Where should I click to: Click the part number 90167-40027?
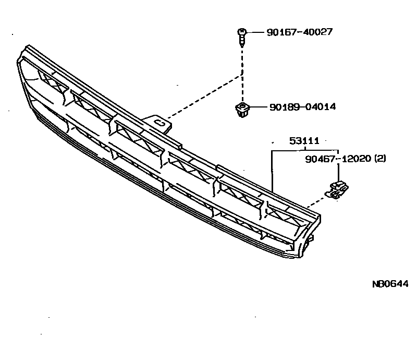[299, 32]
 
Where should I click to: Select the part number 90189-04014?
[302, 107]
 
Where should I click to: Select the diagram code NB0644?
[389, 284]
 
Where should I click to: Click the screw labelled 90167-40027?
[242, 38]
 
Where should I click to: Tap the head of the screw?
[242, 33]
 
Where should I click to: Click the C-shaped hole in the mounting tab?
[162, 124]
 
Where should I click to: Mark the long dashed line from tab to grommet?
[203, 97]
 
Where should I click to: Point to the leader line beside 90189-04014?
[258, 107]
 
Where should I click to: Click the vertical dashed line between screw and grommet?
[242, 73]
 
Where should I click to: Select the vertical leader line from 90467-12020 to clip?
[339, 171]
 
